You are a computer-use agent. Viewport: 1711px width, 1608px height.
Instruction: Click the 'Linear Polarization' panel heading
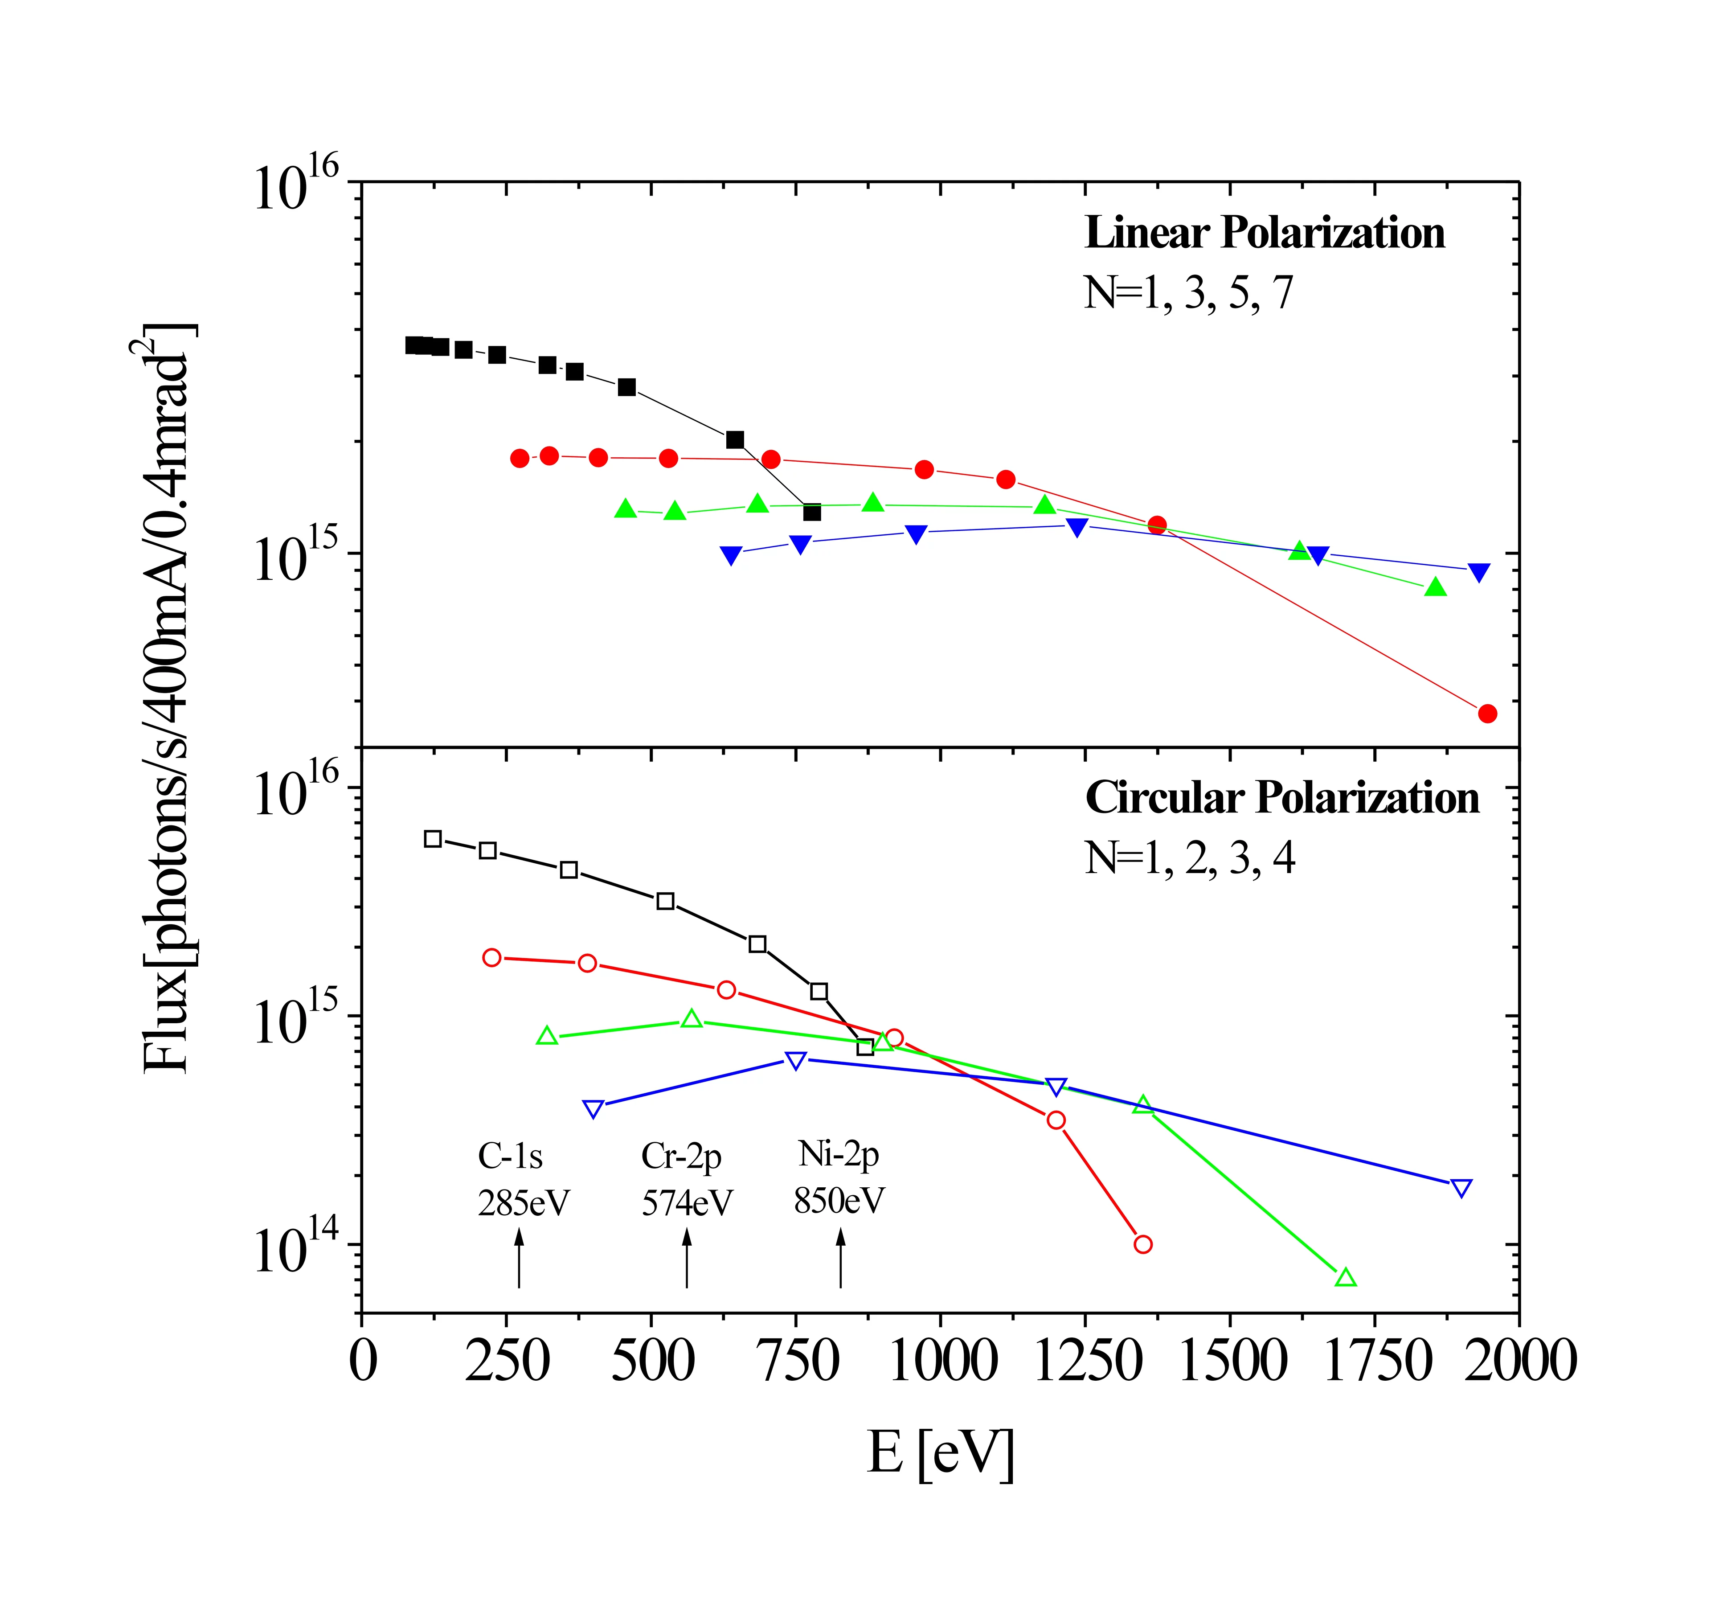1265,233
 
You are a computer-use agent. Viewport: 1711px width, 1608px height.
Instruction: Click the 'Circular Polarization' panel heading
1281,798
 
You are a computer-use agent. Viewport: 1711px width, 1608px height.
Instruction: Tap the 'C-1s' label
510,1156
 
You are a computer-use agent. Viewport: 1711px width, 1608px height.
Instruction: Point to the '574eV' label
687,1202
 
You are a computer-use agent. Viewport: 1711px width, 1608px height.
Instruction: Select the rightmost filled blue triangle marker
1478,572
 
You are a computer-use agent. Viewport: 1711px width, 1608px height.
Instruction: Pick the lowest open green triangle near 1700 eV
1346,1277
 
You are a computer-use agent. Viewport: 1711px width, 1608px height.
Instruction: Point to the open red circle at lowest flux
1143,1244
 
